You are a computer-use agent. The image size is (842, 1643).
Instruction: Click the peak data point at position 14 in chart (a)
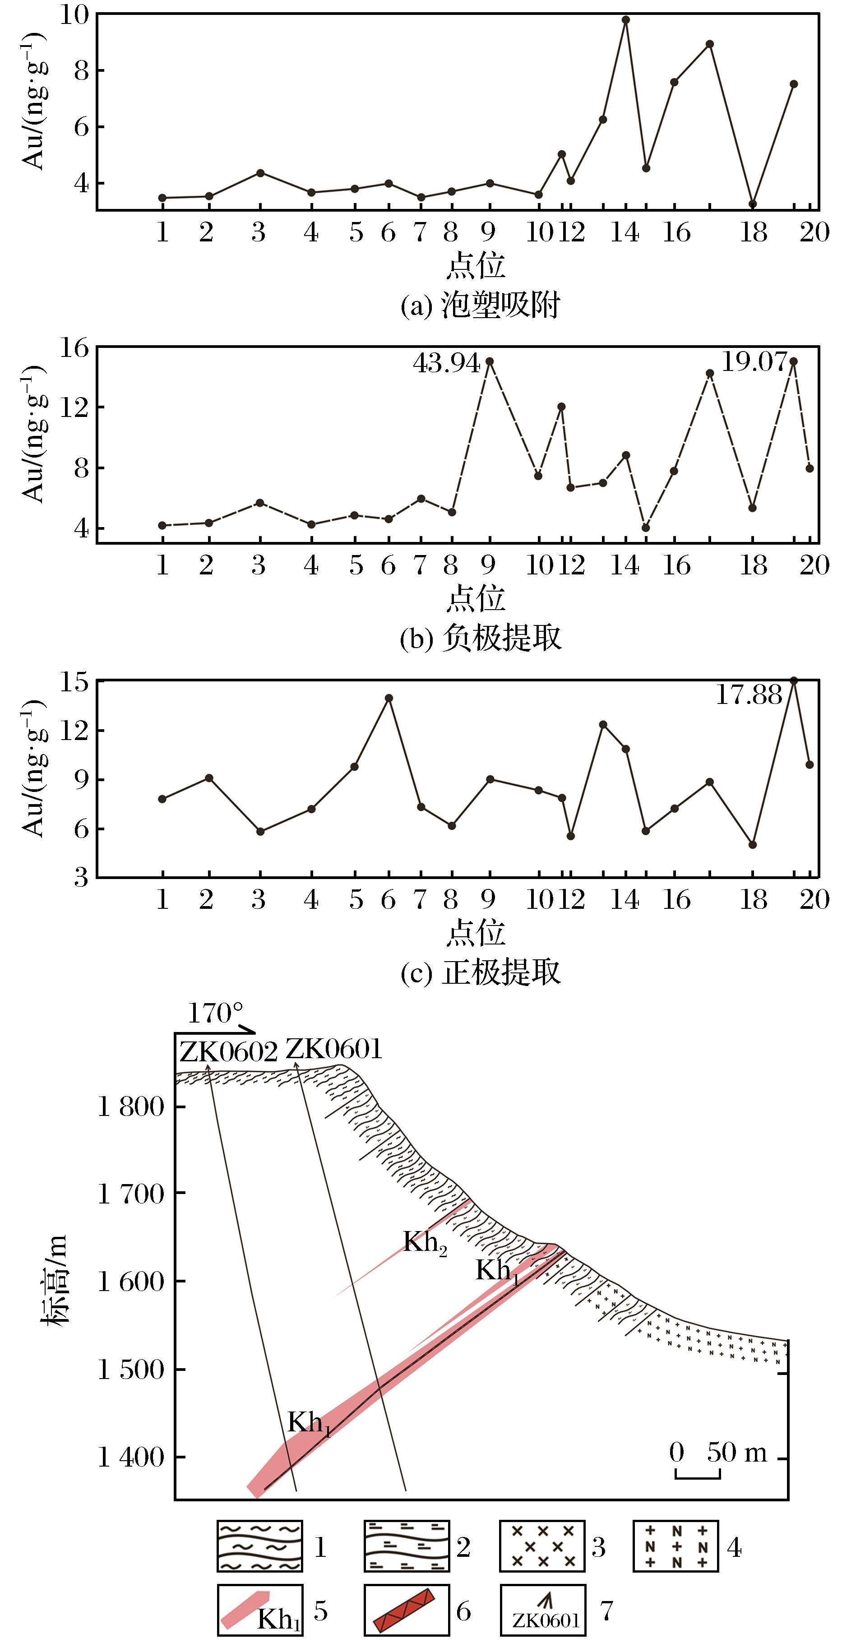pos(626,20)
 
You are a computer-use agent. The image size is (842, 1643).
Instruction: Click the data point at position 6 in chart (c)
pos(389,698)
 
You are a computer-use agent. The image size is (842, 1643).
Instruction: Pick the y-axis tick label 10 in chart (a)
pos(74,14)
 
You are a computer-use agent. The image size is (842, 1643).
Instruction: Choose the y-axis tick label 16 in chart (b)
pos(74,348)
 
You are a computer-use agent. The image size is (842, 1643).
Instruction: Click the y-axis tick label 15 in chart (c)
pos(74,682)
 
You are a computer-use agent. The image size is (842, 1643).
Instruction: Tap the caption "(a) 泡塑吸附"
pos(480,306)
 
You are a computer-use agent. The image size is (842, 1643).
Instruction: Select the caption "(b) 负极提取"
pos(480,638)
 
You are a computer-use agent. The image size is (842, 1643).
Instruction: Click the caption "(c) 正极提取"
pos(480,972)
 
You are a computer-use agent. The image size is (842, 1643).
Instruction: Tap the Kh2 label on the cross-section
pos(424,1242)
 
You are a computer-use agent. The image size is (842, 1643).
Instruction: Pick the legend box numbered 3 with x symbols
pos(542,1546)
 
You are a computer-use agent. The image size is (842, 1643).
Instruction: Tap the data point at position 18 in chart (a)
pos(753,204)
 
